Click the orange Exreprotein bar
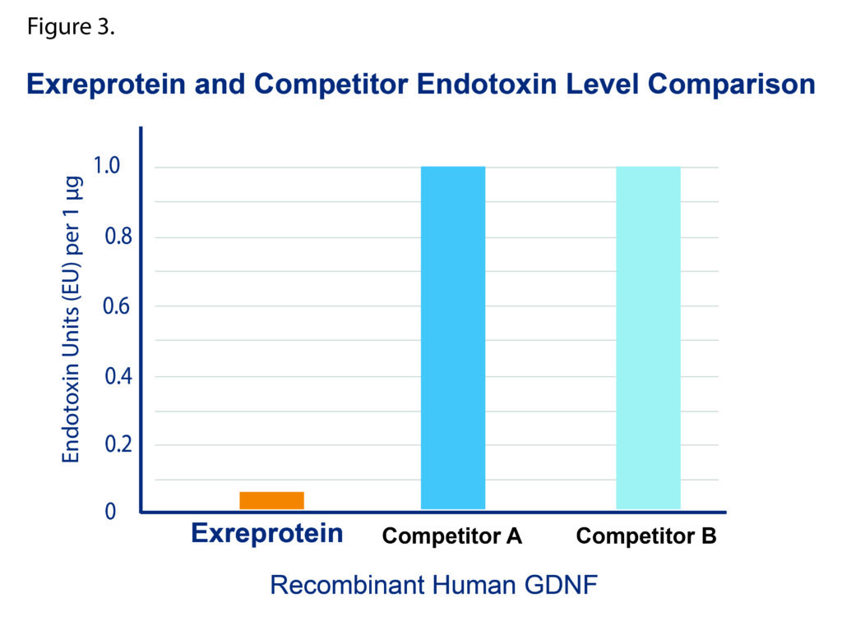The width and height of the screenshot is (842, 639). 271,500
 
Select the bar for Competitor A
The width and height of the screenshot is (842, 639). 453,338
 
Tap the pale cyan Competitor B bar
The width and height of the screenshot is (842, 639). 648,338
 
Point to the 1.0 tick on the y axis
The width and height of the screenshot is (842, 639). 107,166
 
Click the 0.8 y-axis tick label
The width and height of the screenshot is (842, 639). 118,236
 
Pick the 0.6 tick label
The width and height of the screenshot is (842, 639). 117,306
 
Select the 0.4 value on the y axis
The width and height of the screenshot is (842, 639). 118,376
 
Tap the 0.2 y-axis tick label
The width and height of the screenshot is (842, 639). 118,444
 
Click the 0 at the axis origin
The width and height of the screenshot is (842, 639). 110,512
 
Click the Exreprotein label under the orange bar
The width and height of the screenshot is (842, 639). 267,534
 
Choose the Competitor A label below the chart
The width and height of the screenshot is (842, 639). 452,536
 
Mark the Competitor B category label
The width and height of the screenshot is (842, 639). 646,536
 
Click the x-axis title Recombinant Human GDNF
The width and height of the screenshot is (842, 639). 434,585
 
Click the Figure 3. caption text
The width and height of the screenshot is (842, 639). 71,27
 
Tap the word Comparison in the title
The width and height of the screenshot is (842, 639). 731,85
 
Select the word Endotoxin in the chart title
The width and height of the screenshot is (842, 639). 487,85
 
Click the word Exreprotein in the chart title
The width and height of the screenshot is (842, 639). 106,85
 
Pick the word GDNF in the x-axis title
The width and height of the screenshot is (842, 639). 561,585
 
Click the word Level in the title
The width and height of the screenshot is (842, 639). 603,85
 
